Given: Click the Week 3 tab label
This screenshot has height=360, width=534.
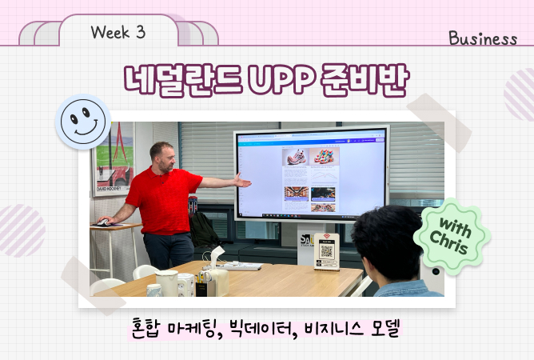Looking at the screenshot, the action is point(118,32).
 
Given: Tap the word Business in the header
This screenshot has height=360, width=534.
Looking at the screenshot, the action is point(483,38).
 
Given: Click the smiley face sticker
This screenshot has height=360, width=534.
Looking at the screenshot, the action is point(83,122).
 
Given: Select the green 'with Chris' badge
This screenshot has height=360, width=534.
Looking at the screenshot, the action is point(452,237).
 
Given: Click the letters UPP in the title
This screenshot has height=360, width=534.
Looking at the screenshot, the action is point(281,79).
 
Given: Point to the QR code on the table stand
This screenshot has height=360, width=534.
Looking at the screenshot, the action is point(327,251).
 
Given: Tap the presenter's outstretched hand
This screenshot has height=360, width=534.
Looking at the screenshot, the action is point(242,181).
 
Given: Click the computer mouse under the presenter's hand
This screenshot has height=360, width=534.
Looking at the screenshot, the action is point(103,222).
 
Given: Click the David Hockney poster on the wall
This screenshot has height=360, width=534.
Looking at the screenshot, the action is point(113,159).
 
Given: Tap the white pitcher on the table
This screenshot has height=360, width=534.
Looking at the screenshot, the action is point(167,283).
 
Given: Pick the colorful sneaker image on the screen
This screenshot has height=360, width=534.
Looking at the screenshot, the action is point(325,156).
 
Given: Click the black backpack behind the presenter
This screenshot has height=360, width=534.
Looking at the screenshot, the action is point(204,230).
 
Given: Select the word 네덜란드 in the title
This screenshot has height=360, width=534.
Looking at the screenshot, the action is point(183,79).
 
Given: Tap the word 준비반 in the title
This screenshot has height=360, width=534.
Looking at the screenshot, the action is point(364,79).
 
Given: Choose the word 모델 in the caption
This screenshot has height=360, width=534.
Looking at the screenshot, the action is point(385,329).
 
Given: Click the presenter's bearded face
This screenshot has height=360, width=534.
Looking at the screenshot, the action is point(165,159).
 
